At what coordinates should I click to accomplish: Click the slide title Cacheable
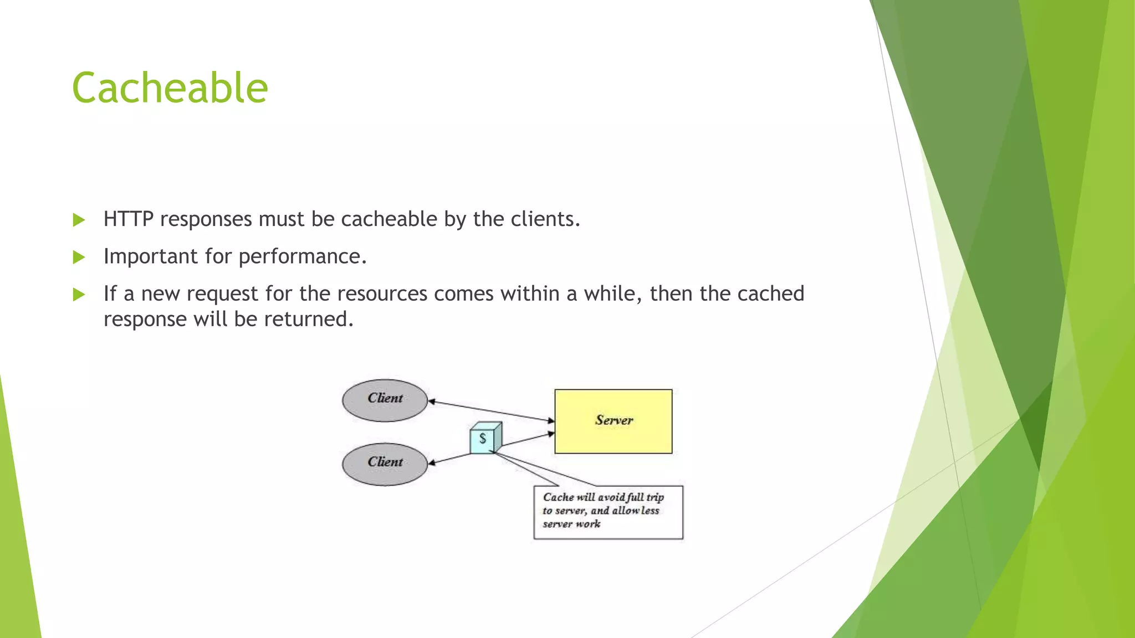tap(170, 88)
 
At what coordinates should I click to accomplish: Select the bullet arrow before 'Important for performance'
tap(79, 257)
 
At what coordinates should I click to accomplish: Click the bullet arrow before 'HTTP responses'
tap(79, 220)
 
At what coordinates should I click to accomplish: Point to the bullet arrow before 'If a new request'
tap(79, 294)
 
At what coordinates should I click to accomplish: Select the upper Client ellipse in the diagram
tap(385, 400)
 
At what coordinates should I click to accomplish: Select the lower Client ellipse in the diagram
tap(385, 464)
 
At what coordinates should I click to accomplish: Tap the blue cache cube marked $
tap(484, 439)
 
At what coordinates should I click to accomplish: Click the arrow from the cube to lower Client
tap(450, 459)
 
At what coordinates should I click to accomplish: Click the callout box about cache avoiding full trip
tap(608, 512)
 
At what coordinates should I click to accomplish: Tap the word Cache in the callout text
tap(558, 497)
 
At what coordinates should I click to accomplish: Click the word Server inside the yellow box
tap(613, 420)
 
